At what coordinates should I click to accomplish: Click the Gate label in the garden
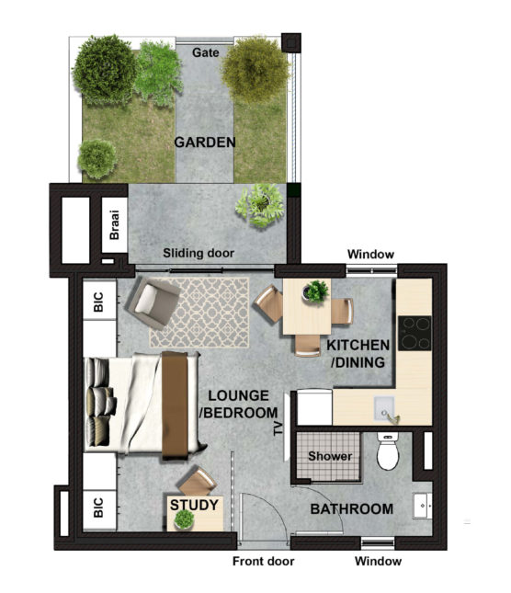(x=205, y=52)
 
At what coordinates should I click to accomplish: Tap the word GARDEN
(x=205, y=143)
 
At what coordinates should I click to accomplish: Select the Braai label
(x=114, y=224)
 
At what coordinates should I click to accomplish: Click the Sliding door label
(x=199, y=253)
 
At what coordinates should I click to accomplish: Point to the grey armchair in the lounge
(x=153, y=302)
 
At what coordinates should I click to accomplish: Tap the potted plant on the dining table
(x=315, y=291)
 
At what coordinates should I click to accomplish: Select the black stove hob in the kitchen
(x=414, y=333)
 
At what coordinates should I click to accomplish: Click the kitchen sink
(x=385, y=409)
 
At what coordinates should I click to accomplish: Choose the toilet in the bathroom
(x=388, y=450)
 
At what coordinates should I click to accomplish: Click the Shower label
(x=330, y=456)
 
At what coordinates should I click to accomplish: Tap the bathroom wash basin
(x=423, y=506)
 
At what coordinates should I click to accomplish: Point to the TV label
(x=278, y=428)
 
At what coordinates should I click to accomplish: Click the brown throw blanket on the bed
(x=175, y=405)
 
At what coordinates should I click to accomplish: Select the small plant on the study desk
(x=184, y=519)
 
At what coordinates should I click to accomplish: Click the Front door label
(x=264, y=561)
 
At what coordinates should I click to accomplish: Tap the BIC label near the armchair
(x=98, y=302)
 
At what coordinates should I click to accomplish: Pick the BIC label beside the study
(x=98, y=507)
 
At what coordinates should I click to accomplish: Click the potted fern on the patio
(x=260, y=205)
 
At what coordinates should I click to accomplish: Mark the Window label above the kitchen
(x=370, y=254)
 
